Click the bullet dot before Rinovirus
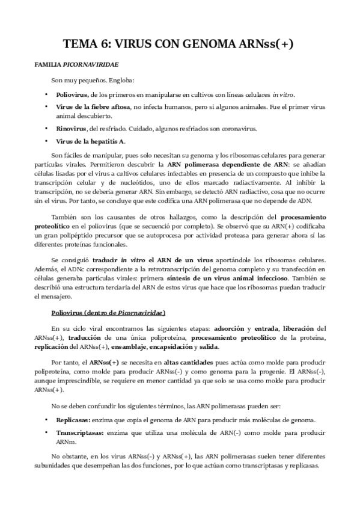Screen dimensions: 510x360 coord(47,128)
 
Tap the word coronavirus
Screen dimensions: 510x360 coord(239,128)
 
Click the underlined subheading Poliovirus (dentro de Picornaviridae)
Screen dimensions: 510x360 coord(108,313)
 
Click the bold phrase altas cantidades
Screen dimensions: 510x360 coord(183,363)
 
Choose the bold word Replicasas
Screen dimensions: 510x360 coord(73,419)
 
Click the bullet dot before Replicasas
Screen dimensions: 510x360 coord(47,419)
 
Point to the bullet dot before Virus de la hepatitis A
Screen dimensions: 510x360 coord(47,141)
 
